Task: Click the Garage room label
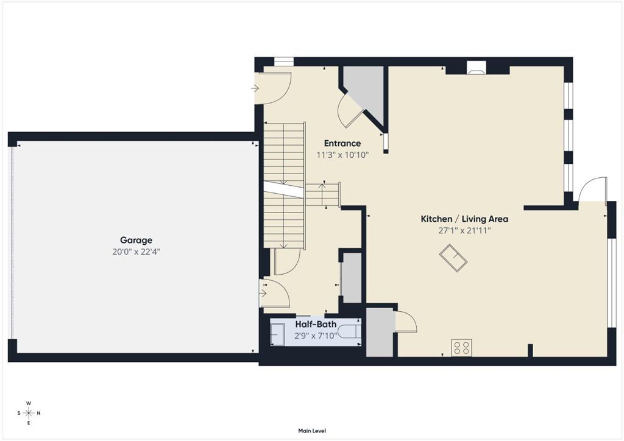point(136,240)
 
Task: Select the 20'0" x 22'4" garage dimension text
point(136,252)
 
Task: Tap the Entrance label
point(342,143)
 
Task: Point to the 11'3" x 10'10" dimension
point(342,155)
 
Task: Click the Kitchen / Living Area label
point(464,219)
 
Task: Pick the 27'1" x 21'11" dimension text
point(464,231)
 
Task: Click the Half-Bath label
point(316,325)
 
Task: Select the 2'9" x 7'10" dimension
point(316,336)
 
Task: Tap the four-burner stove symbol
point(462,348)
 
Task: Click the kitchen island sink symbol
point(453,258)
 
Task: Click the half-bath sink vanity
point(277,334)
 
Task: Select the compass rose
point(29,413)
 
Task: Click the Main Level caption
point(312,431)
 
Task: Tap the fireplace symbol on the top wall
point(477,68)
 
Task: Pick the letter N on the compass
point(38,413)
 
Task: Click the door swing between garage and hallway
point(275,294)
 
